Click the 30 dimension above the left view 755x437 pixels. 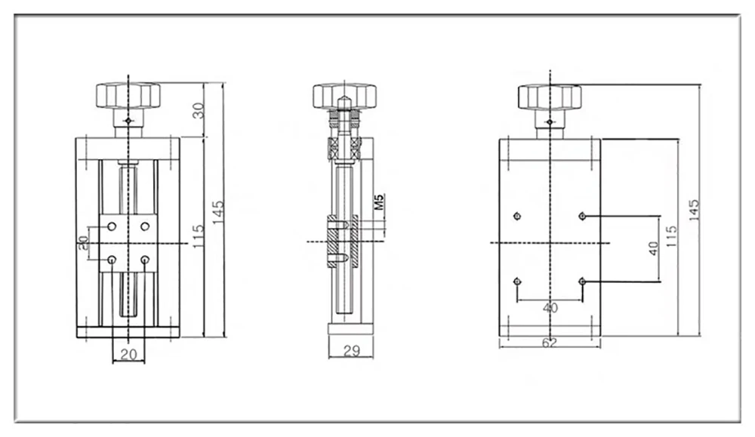point(199,110)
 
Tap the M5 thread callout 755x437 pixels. point(380,202)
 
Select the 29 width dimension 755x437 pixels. point(352,350)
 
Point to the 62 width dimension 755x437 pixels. point(550,343)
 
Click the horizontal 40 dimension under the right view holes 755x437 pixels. point(550,308)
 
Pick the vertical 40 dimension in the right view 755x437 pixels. point(653,248)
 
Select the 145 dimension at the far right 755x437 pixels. point(694,211)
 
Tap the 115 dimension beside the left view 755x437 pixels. point(198,236)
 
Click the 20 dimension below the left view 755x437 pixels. point(128,354)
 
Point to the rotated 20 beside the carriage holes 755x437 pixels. point(84,242)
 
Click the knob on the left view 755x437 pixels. point(128,95)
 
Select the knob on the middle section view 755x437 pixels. point(344,96)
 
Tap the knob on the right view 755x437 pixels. point(550,97)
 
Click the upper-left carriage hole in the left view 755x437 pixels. point(112,226)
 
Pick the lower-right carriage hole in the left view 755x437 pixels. point(144,260)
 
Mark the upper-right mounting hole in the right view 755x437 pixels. point(582,216)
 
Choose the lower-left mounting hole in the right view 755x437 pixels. point(517,281)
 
